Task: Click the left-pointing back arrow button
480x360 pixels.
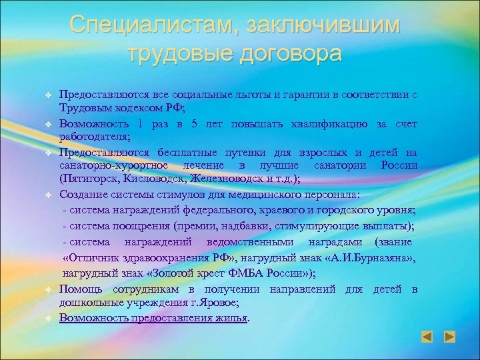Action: [x=428, y=337]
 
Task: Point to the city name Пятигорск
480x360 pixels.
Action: [x=93, y=178]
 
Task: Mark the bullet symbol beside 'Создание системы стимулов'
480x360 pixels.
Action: [x=49, y=195]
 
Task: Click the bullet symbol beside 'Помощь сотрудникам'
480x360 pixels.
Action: [x=49, y=290]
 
